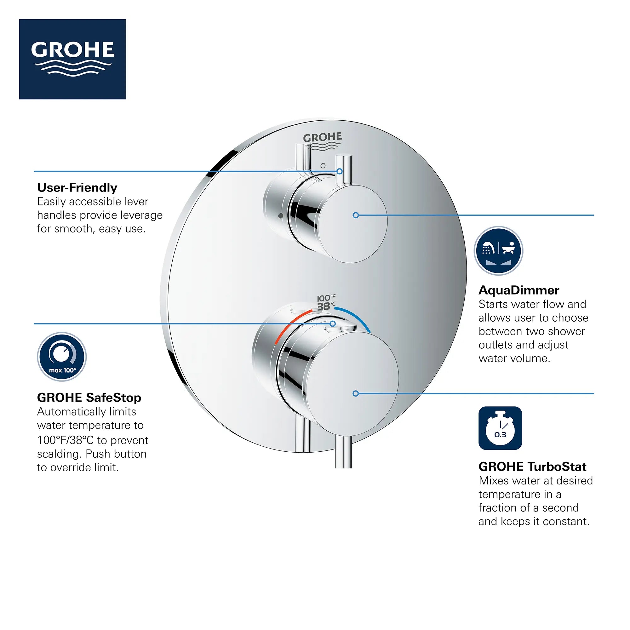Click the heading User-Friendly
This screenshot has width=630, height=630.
click(x=77, y=187)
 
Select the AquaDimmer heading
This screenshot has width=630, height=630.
click(x=519, y=290)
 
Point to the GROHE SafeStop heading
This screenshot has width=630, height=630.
click(x=89, y=398)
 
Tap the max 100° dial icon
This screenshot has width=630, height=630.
click(x=62, y=357)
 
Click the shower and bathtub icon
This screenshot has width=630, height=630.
click(x=498, y=251)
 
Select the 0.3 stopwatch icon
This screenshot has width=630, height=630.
click(x=500, y=428)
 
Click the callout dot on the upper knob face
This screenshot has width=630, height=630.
click(x=356, y=215)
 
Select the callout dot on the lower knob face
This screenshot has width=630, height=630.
click(x=356, y=393)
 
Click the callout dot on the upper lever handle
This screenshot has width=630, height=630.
click(x=340, y=171)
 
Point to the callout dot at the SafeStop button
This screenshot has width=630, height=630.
click(x=333, y=324)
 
